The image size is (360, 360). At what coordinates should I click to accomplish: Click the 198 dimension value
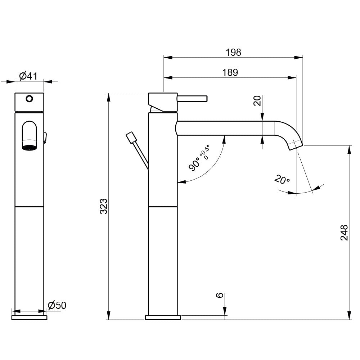(233, 52)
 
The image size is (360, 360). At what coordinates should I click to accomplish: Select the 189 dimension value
(230, 72)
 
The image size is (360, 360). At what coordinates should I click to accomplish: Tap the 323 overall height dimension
(104, 206)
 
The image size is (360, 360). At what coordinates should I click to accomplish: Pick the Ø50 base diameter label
(57, 305)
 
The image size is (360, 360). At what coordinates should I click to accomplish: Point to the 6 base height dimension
(219, 296)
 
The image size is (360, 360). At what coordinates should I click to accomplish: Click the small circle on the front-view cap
(29, 98)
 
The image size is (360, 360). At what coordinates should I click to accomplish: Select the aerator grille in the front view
(29, 147)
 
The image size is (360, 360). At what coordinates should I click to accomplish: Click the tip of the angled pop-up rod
(130, 137)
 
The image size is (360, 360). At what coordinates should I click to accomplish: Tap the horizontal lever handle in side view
(192, 98)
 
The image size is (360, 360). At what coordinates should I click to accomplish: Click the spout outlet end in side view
(296, 145)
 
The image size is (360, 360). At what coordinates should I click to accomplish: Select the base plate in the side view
(163, 318)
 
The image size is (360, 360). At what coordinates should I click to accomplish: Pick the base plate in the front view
(29, 318)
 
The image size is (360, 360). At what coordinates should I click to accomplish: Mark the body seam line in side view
(163, 207)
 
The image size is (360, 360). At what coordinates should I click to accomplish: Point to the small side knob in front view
(45, 137)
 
